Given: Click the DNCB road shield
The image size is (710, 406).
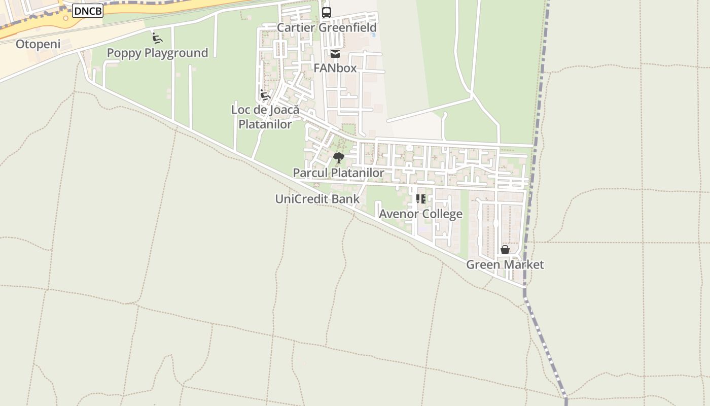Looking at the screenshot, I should (x=88, y=11).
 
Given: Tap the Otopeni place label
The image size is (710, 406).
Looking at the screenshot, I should (x=38, y=44).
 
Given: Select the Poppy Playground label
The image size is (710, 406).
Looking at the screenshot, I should (x=157, y=53).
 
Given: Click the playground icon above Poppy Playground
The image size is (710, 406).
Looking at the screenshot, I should (x=157, y=38).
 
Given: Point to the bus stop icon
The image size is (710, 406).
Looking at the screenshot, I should (x=327, y=13).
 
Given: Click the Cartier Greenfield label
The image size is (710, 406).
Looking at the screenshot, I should (x=327, y=27).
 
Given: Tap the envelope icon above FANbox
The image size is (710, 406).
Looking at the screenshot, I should (x=335, y=53).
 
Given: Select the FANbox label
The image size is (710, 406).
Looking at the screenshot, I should (x=335, y=68).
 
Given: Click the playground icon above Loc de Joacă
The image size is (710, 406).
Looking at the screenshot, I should (x=265, y=95).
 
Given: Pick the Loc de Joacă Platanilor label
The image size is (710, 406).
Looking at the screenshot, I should (x=265, y=117).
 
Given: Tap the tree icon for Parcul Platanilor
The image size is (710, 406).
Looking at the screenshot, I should (x=339, y=158).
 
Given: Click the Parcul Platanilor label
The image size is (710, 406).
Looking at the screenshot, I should (x=338, y=173).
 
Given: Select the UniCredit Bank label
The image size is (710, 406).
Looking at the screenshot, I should (x=317, y=199).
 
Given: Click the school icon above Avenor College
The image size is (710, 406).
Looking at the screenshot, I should (x=420, y=199).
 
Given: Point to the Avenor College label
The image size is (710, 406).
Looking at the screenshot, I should (x=420, y=214).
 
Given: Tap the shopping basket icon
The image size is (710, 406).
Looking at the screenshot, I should (x=505, y=250).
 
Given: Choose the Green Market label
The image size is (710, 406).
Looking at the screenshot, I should (x=505, y=264).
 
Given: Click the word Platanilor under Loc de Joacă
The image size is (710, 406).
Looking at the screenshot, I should (x=265, y=124).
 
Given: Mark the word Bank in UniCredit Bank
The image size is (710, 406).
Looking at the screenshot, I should (x=347, y=199).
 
